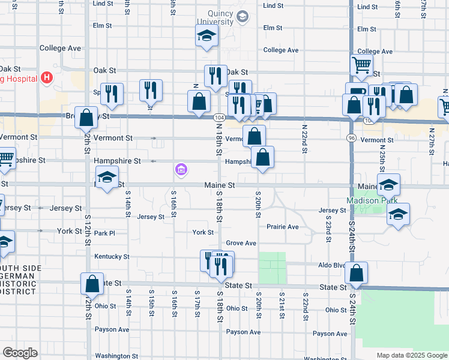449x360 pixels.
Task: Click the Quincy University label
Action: click(x=220, y=17)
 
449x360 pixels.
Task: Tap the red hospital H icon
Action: click(x=46, y=78)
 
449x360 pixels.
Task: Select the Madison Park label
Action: click(x=364, y=200)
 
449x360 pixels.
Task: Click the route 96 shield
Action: click(x=351, y=139)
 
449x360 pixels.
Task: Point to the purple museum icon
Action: click(x=181, y=170)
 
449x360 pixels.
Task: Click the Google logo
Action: click(x=20, y=353)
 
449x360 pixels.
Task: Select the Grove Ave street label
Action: click(x=241, y=243)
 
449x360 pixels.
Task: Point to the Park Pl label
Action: click(x=104, y=233)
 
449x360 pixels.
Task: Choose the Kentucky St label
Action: click(x=112, y=256)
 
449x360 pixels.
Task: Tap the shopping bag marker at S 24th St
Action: click(x=357, y=272)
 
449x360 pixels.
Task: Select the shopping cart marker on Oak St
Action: click(x=361, y=65)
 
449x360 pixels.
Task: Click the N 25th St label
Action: click(x=382, y=162)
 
